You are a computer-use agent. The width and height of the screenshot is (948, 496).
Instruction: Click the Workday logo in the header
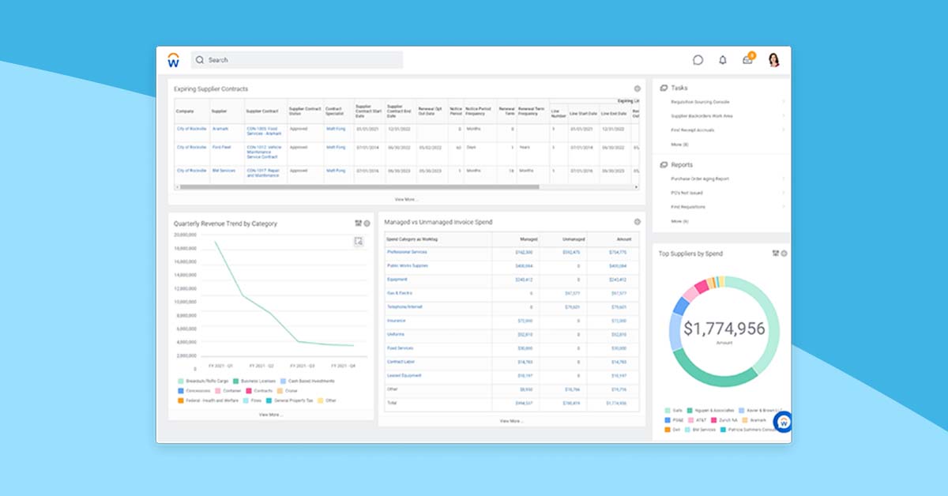coord(173,60)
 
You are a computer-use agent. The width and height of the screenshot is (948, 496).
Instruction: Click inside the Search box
coord(300,60)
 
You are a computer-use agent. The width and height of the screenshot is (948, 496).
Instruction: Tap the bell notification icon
coord(722,60)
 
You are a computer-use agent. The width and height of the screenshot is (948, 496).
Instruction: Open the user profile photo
coord(773,60)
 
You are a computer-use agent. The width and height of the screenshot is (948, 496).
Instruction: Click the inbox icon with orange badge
coord(747,60)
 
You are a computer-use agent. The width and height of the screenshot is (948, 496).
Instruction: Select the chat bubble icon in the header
coord(698,60)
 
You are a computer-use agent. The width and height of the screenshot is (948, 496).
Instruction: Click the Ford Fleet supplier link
coord(221,147)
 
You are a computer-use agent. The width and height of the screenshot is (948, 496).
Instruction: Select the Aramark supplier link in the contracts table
coord(220,128)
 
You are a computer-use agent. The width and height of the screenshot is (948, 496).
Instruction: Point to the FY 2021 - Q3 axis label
coord(303,366)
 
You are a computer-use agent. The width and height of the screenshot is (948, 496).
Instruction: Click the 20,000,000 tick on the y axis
coord(185,235)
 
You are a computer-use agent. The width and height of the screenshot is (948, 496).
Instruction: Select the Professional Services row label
coord(407,252)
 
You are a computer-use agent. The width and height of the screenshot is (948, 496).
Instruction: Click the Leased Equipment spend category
coord(404,375)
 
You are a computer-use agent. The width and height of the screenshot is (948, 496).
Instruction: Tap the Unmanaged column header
coord(573,239)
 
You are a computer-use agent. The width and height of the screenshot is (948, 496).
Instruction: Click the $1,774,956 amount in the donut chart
coord(724,329)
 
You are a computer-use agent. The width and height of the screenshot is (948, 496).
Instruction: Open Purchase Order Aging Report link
coord(700,178)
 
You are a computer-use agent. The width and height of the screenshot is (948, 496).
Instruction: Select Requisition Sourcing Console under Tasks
coord(700,102)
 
